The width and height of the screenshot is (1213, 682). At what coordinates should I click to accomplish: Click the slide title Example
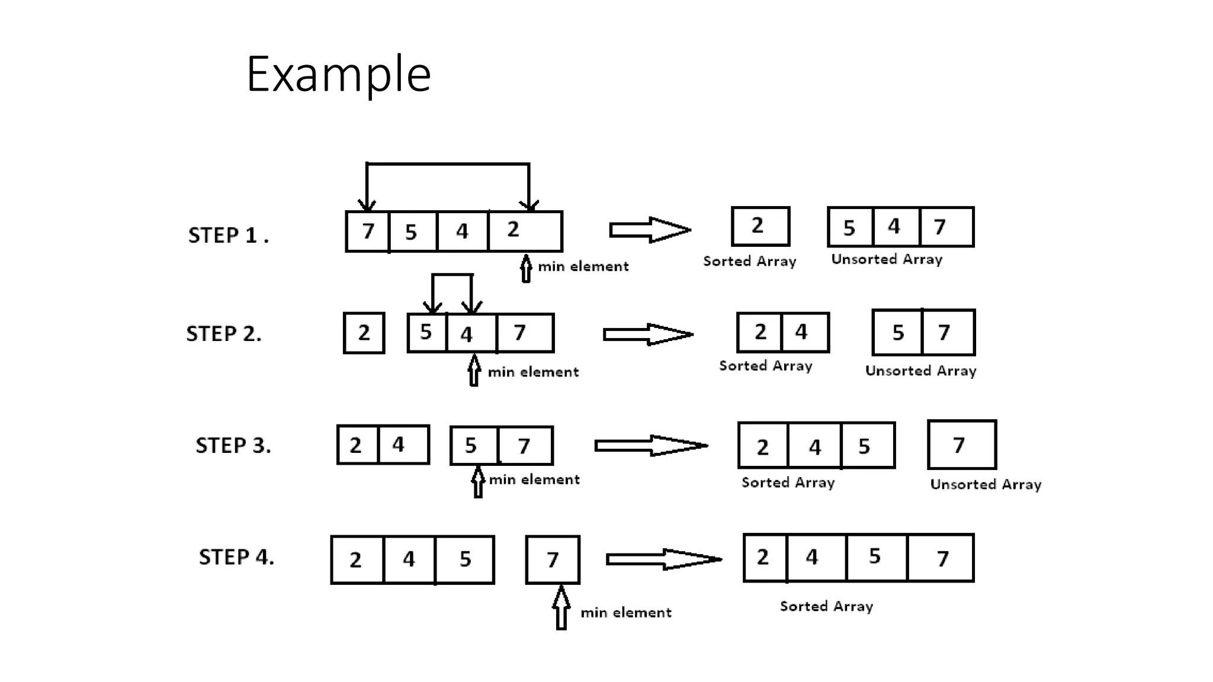coord(338,75)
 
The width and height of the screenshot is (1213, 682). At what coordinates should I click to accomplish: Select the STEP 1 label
coord(228,236)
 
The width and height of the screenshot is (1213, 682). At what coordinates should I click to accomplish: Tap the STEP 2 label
coord(224,334)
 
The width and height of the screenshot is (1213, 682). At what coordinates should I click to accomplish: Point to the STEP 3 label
coord(233,446)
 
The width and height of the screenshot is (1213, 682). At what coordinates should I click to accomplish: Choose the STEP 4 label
coord(236,557)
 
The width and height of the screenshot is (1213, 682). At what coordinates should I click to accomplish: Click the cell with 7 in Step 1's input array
coord(368,231)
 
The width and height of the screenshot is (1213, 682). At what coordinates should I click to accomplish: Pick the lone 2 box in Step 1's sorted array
coord(760,226)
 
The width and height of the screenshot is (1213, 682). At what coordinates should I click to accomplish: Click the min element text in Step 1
coord(583,267)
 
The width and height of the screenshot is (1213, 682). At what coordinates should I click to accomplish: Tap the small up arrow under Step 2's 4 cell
coord(474,371)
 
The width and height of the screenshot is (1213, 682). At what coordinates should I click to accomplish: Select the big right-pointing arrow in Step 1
coord(650,230)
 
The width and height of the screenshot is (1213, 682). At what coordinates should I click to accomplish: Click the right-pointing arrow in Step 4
coord(663,559)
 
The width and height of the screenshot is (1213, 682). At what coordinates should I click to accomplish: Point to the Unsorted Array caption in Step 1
coord(887,259)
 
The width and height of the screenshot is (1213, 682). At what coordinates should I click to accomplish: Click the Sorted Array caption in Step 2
coord(765,366)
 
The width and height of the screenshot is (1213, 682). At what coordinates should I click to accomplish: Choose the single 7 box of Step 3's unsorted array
coord(961,445)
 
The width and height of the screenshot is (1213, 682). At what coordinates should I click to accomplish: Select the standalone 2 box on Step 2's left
coord(364,333)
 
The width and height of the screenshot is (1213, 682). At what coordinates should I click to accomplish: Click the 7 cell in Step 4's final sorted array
coord(941,558)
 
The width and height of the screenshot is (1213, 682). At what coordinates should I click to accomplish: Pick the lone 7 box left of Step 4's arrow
coord(553,559)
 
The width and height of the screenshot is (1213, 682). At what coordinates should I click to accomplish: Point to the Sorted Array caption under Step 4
coord(826,606)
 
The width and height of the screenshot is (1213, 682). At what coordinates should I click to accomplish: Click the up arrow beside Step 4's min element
coord(561,607)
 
